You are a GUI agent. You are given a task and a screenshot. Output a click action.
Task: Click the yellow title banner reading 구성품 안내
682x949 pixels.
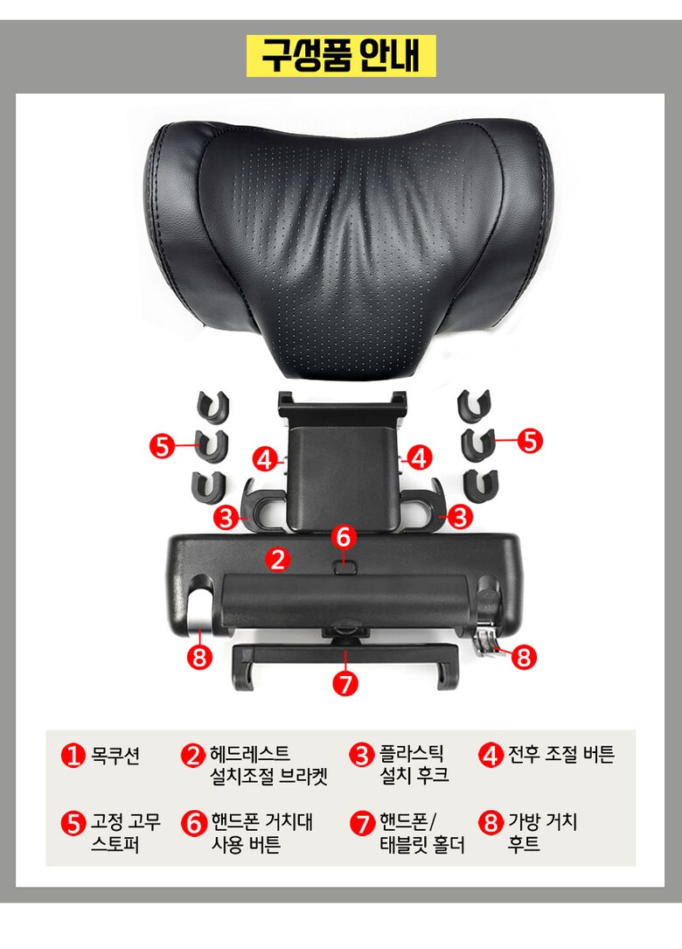click(x=341, y=56)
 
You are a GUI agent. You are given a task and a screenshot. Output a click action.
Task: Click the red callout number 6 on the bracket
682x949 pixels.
click(x=344, y=537)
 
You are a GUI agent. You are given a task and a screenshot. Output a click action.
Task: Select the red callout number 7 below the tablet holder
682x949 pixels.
click(x=345, y=683)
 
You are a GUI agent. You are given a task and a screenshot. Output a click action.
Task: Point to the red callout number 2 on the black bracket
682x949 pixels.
click(x=278, y=559)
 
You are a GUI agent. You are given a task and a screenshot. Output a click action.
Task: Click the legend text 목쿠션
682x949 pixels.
click(x=115, y=756)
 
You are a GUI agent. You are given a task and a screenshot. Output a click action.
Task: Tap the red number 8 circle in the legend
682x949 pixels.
click(x=491, y=822)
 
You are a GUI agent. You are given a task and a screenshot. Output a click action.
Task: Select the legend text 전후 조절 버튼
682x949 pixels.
click(x=561, y=754)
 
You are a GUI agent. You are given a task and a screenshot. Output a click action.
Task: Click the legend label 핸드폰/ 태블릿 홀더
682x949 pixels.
click(x=421, y=834)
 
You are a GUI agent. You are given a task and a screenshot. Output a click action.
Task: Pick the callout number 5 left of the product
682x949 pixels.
click(x=162, y=447)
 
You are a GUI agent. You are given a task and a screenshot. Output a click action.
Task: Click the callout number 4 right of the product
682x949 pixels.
click(x=420, y=458)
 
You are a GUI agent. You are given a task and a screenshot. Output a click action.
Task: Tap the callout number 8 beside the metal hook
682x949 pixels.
click(x=524, y=657)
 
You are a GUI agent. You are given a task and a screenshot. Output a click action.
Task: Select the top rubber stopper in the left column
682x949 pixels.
click(x=212, y=406)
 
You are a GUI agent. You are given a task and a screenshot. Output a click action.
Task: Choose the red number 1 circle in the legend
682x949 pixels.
click(x=73, y=756)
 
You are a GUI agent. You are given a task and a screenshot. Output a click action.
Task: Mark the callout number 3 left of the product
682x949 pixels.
click(x=226, y=518)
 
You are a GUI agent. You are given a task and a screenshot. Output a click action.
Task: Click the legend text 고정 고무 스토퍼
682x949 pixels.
click(x=125, y=834)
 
